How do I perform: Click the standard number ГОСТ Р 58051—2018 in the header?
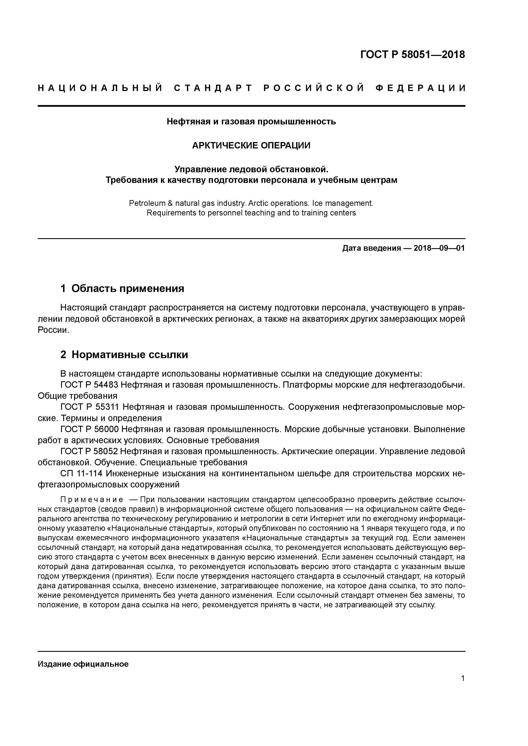pos(413,55)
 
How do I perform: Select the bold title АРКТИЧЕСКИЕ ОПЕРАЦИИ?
pos(251,145)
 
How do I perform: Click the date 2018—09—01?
pos(439,249)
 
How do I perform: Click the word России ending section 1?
pos(53,330)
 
